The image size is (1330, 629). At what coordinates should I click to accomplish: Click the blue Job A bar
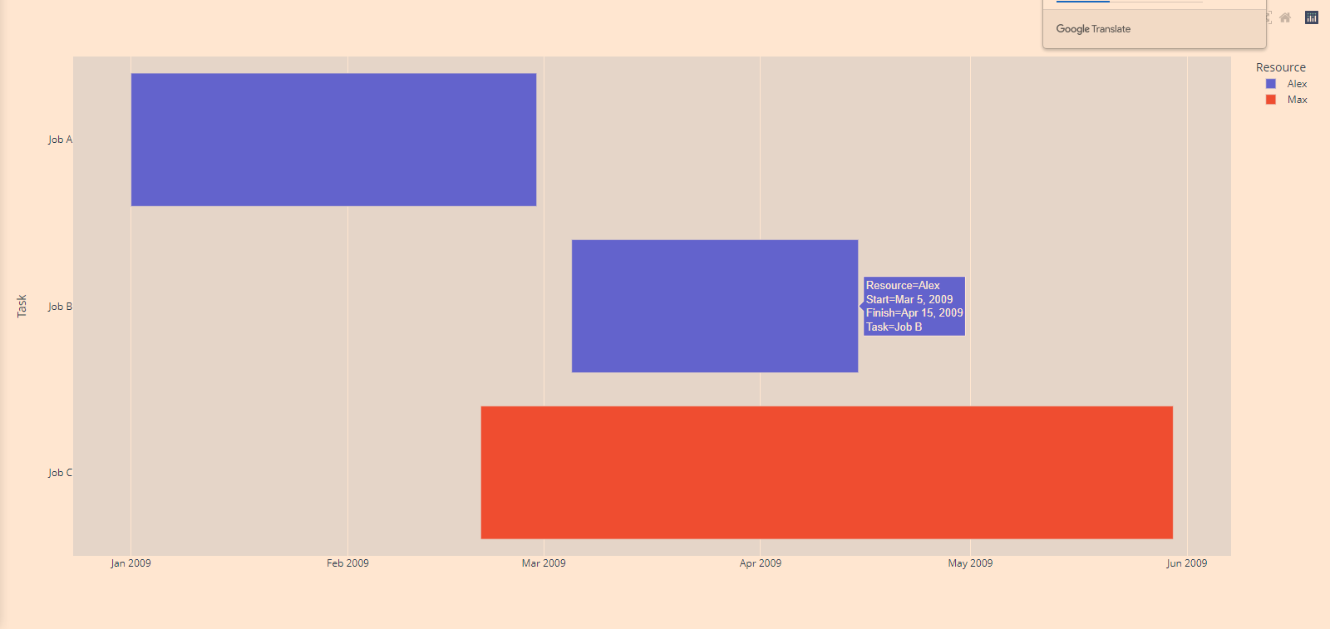333,140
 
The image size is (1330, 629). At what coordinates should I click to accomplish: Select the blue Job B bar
714,306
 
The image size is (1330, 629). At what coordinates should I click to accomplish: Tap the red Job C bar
826,472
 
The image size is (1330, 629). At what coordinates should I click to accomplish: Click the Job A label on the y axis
60,140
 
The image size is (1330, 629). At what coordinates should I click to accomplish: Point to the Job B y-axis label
60,307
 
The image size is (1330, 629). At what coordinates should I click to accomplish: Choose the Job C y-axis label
60,473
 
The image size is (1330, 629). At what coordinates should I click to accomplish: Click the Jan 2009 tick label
131,563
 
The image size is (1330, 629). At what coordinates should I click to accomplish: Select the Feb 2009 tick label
347,563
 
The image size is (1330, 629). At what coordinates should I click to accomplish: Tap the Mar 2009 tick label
544,563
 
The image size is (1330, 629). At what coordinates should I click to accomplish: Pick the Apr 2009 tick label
760,563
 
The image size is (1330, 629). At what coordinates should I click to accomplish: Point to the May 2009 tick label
970,563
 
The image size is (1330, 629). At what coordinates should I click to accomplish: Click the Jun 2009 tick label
1186,563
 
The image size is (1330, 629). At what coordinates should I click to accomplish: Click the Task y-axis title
22,306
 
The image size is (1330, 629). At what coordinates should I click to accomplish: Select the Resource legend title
1280,67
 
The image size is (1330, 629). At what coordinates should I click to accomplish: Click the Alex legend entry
1297,84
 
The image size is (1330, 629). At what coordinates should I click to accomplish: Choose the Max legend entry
1297,100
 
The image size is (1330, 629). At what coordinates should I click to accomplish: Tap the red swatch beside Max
1270,100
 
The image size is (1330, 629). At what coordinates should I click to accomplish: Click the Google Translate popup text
1093,29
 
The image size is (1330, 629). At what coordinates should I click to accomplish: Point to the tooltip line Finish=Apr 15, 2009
914,313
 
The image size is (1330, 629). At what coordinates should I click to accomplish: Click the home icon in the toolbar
1285,17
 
